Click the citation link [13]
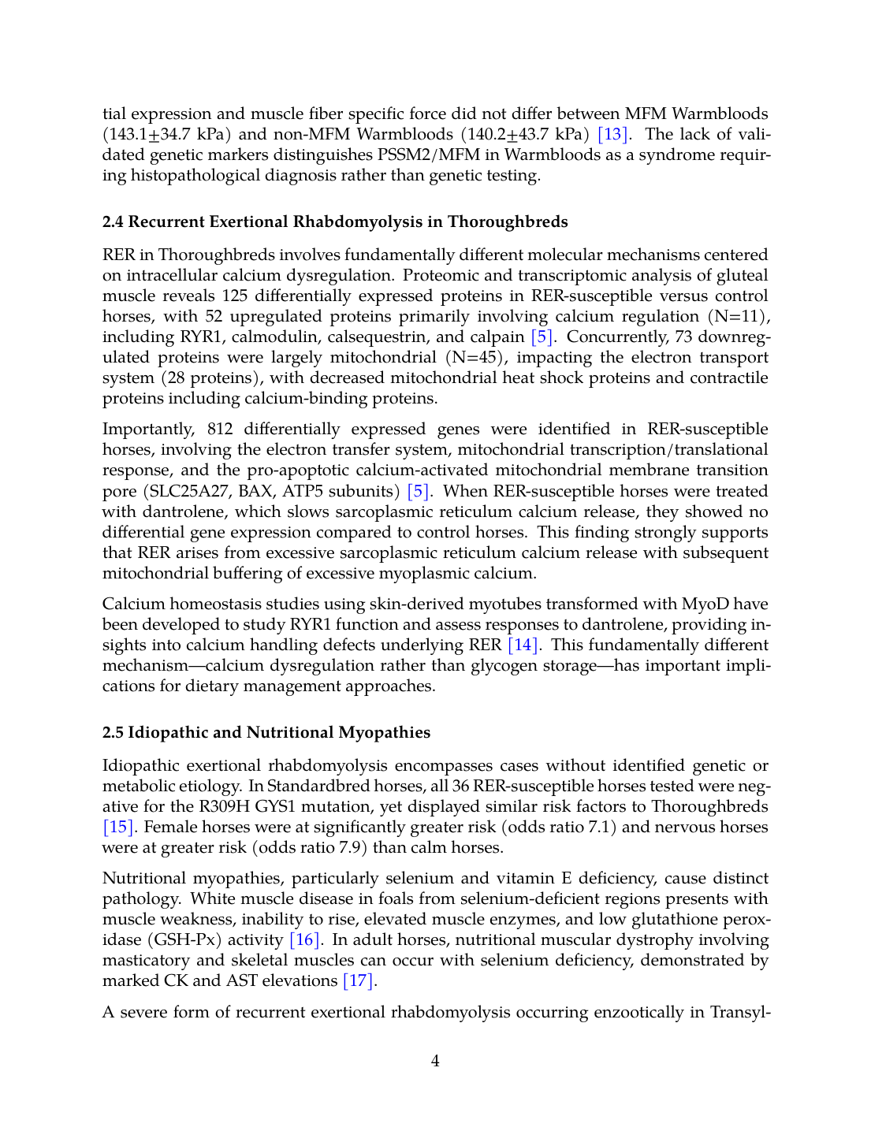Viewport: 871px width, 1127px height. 612,134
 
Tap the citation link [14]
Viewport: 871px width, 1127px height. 523,645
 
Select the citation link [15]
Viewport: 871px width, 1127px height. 118,827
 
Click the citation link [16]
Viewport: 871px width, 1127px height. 305,939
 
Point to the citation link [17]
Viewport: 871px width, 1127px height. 359,980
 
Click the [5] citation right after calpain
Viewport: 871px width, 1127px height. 542,337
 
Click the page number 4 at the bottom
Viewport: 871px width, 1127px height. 435,1061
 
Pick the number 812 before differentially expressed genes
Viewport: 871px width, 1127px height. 220,429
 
